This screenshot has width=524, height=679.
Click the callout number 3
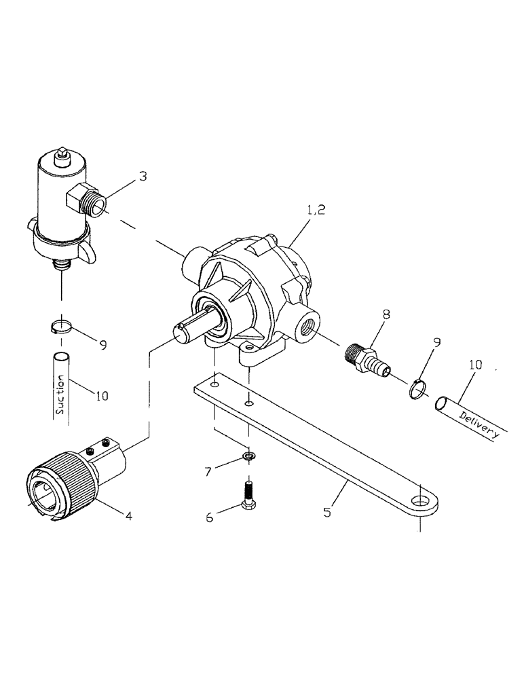[142, 177]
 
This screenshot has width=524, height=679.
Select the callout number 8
[386, 315]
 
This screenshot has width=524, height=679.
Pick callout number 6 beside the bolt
[210, 517]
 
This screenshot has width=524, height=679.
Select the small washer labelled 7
[248, 456]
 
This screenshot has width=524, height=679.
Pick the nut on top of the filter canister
[62, 155]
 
